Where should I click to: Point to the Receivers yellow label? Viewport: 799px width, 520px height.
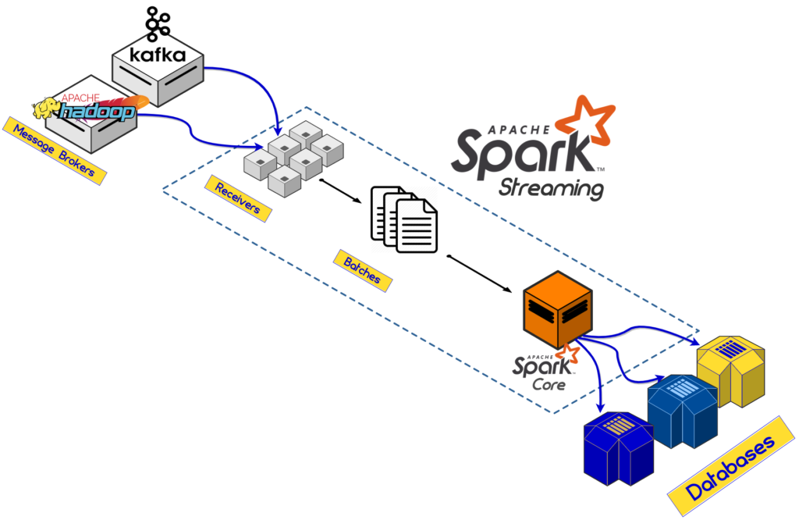coord(238,196)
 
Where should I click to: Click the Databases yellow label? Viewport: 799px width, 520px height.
coord(731,468)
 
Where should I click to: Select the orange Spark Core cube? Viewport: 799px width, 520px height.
coord(557,308)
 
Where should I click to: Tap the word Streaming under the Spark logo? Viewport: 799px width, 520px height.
coord(551,188)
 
